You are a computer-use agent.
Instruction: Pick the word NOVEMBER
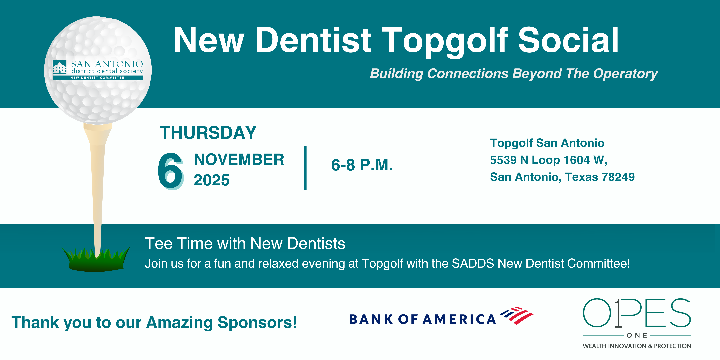(x=239, y=160)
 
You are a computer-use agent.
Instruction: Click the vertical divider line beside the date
(x=305, y=168)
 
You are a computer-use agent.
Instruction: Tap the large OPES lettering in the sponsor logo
(x=637, y=313)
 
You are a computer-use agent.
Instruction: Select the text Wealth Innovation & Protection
(x=637, y=346)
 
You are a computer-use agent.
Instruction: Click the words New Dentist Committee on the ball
(x=97, y=78)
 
